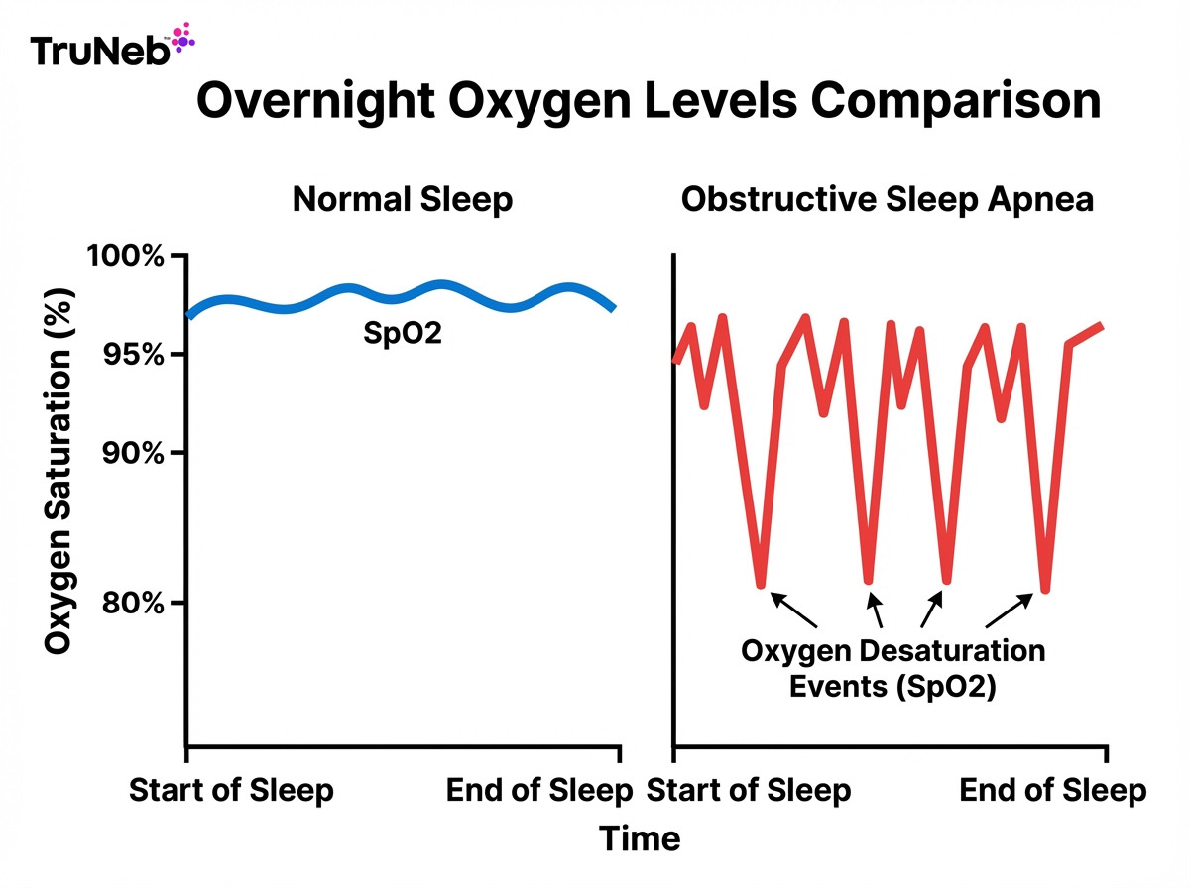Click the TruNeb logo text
click(x=99, y=51)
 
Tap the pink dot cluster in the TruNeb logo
click(x=182, y=38)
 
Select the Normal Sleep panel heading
click(x=403, y=200)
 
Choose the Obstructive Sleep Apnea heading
click(x=887, y=200)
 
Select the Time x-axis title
click(x=640, y=839)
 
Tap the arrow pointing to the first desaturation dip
click(x=794, y=610)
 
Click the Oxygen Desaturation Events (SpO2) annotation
click(x=892, y=669)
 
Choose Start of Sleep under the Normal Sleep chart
click(x=232, y=791)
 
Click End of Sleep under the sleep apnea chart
click(x=1053, y=791)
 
